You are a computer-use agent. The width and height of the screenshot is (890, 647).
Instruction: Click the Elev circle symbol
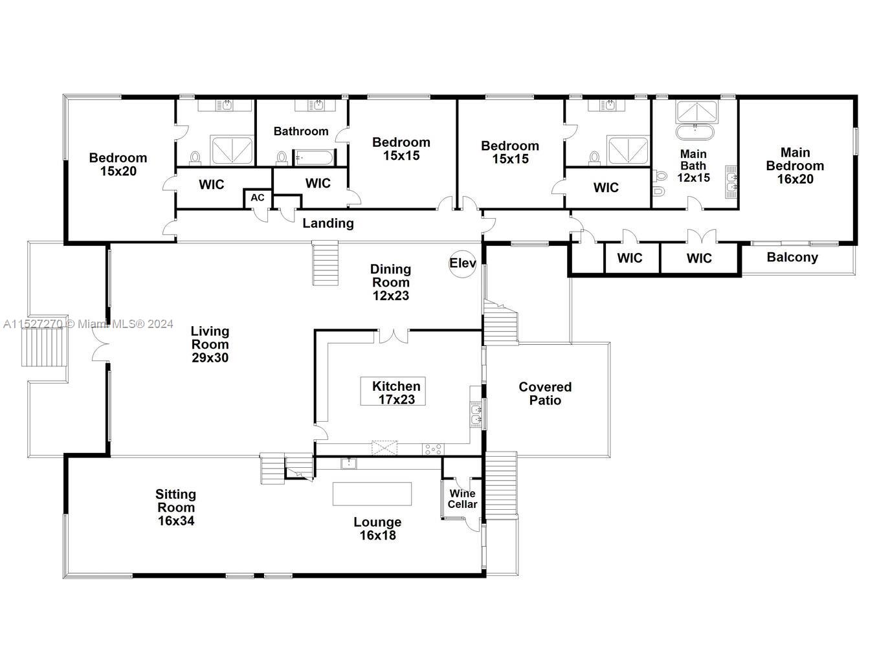tap(463, 263)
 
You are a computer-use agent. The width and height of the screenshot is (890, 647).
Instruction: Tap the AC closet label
tap(257, 197)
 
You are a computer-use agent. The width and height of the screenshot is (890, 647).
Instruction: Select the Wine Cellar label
tap(462, 499)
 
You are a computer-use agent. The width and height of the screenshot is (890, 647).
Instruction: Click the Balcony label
tap(792, 258)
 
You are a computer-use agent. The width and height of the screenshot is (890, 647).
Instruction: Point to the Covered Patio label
tap(545, 393)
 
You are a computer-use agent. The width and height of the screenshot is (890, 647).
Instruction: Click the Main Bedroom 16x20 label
tap(795, 166)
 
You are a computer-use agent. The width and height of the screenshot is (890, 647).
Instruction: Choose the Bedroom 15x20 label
tap(118, 164)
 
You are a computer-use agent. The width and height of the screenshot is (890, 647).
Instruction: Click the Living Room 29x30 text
tap(210, 344)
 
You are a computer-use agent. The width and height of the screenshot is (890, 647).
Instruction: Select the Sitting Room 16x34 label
tap(175, 507)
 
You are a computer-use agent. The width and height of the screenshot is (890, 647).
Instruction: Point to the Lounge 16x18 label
tap(377, 529)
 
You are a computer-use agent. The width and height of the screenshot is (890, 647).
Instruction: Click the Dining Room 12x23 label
tap(390, 282)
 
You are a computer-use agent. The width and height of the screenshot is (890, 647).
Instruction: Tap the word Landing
tap(328, 223)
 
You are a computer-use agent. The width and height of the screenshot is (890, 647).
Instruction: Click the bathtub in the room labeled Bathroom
tap(314, 157)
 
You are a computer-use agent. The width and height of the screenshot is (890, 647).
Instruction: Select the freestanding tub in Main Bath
tap(695, 133)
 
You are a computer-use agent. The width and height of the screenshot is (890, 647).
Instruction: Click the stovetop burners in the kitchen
tap(432, 448)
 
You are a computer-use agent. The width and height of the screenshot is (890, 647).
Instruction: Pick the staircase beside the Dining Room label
tap(326, 263)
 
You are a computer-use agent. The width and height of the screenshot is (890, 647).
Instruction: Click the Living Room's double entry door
tap(100, 344)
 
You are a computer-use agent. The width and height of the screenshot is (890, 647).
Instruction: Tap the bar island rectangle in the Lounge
tap(372, 494)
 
